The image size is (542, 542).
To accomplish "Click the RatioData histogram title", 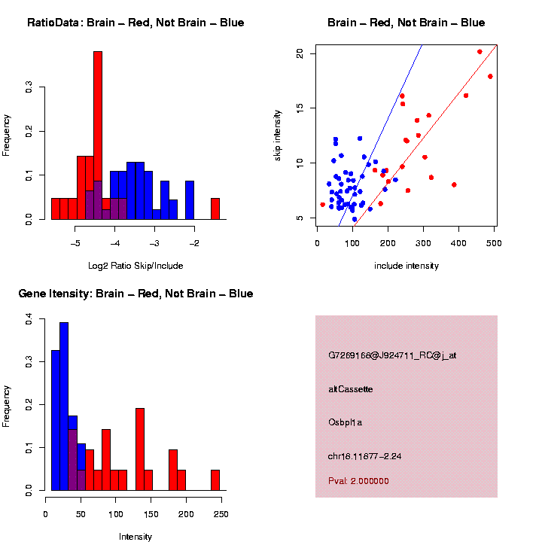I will pos(135,23).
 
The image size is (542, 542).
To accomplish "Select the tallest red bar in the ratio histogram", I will pos(98,135).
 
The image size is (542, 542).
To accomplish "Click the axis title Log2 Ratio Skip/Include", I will pos(135,266).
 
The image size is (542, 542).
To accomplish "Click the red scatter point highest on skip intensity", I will pos(480,52).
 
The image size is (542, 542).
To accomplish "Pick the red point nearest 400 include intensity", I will pos(454,184).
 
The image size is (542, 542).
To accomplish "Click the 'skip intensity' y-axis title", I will pos(279,135).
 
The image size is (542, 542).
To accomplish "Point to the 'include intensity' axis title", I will pos(406,266).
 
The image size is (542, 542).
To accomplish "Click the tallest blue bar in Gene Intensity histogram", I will pos(64,406).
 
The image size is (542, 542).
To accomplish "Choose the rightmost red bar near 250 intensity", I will pos(215,480).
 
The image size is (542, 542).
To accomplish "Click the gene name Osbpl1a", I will pos(346,422).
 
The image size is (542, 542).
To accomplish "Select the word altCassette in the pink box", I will pos(351,389).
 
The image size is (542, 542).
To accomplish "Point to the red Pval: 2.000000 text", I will pos(358,480).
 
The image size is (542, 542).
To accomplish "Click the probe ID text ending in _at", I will pos(392,355).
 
